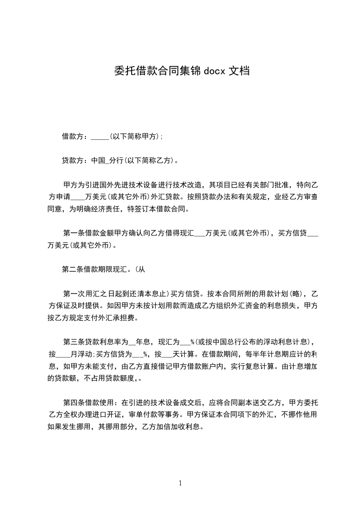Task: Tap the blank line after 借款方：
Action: [x=99, y=137]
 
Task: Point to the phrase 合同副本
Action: [x=246, y=402]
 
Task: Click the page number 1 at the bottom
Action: [x=180, y=483]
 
